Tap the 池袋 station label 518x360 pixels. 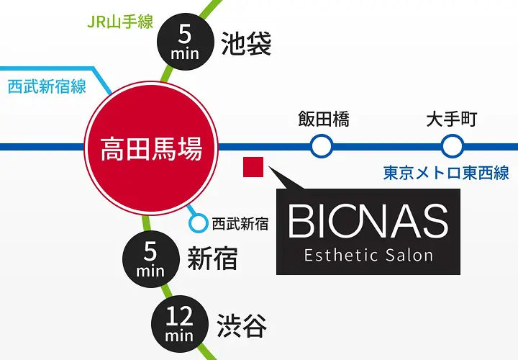click(247, 44)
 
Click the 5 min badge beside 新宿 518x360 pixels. click(150, 258)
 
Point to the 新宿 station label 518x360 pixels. click(212, 258)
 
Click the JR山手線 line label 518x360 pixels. click(120, 22)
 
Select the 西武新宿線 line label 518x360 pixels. click(47, 86)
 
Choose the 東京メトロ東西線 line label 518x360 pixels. click(446, 173)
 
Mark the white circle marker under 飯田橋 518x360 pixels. click(322, 148)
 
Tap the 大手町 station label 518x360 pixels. click(451, 119)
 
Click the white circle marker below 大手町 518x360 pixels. click(451, 148)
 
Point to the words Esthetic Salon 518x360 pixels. click(368, 255)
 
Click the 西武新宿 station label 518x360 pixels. click(240, 224)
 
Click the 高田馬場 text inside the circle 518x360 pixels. click(151, 149)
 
